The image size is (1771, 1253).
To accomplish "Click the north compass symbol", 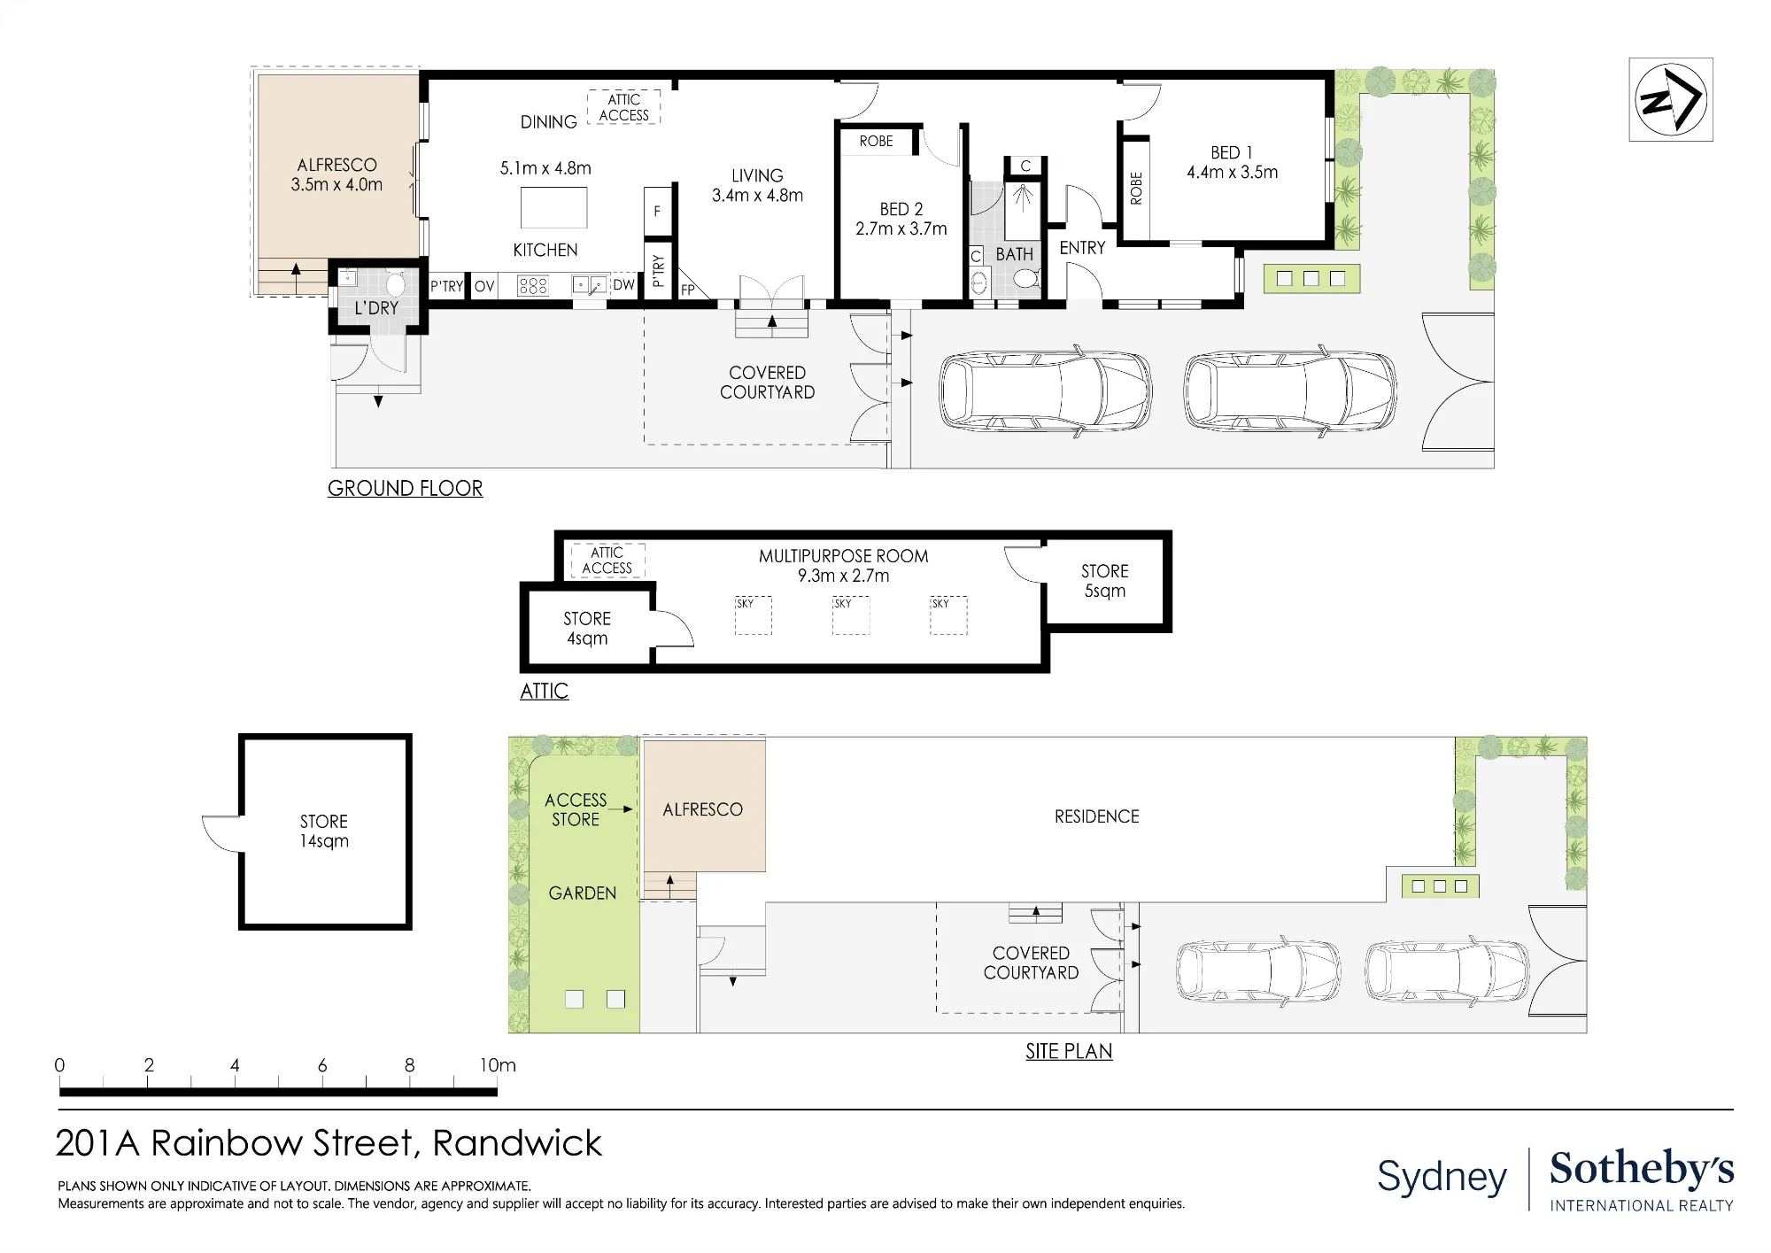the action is click(1670, 99).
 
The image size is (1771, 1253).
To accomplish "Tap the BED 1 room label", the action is click(1232, 152).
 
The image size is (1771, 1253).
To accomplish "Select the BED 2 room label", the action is click(901, 209).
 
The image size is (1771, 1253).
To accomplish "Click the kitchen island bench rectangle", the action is click(554, 208).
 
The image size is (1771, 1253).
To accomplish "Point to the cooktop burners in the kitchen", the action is click(533, 285).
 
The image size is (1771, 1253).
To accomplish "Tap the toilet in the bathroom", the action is click(1026, 279).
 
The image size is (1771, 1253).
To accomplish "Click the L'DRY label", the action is click(376, 308).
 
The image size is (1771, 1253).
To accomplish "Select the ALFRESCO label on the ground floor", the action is click(336, 165).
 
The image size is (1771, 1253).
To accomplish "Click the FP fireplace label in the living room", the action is click(688, 290).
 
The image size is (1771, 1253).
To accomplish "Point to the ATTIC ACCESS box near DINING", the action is click(624, 107).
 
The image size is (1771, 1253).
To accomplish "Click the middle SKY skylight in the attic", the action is click(851, 615).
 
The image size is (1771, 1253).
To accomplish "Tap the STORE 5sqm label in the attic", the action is click(1105, 581).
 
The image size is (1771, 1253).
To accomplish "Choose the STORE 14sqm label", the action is click(324, 831).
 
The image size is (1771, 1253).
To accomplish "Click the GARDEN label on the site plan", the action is click(583, 893).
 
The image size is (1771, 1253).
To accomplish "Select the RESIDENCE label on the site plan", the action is click(1097, 816).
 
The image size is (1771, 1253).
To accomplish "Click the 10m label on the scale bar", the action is click(498, 1065).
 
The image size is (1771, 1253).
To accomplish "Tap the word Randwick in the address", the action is click(517, 1143).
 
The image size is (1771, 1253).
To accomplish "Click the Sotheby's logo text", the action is click(1642, 1169).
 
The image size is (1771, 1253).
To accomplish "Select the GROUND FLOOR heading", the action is click(406, 488).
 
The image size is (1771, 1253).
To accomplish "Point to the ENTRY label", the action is click(1083, 248).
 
